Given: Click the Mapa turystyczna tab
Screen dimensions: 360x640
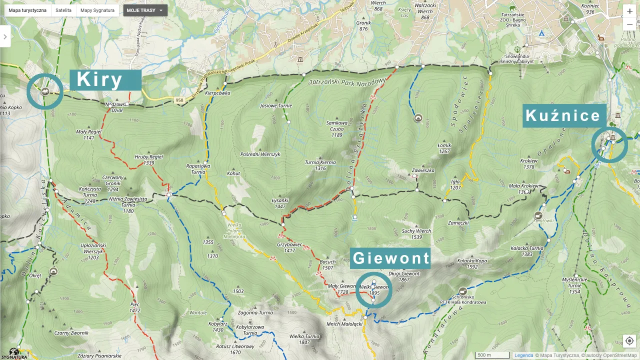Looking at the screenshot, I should [x=27, y=10].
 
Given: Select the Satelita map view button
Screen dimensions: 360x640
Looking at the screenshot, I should [x=63, y=10].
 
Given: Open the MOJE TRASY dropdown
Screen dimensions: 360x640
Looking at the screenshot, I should [x=145, y=10].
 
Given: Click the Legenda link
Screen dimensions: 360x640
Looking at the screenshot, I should [x=523, y=355].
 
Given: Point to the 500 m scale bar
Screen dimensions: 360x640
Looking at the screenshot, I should [x=492, y=355].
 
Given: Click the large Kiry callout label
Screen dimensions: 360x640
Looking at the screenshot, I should [x=105, y=80].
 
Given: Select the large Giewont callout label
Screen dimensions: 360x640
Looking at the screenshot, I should [x=390, y=258].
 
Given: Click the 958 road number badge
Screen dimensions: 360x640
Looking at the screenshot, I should [x=179, y=101].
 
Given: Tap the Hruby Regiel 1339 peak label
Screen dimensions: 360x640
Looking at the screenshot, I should [x=148, y=159].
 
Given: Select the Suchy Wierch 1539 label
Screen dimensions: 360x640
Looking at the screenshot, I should [x=416, y=233].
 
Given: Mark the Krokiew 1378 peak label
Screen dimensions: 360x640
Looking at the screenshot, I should [x=528, y=164].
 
